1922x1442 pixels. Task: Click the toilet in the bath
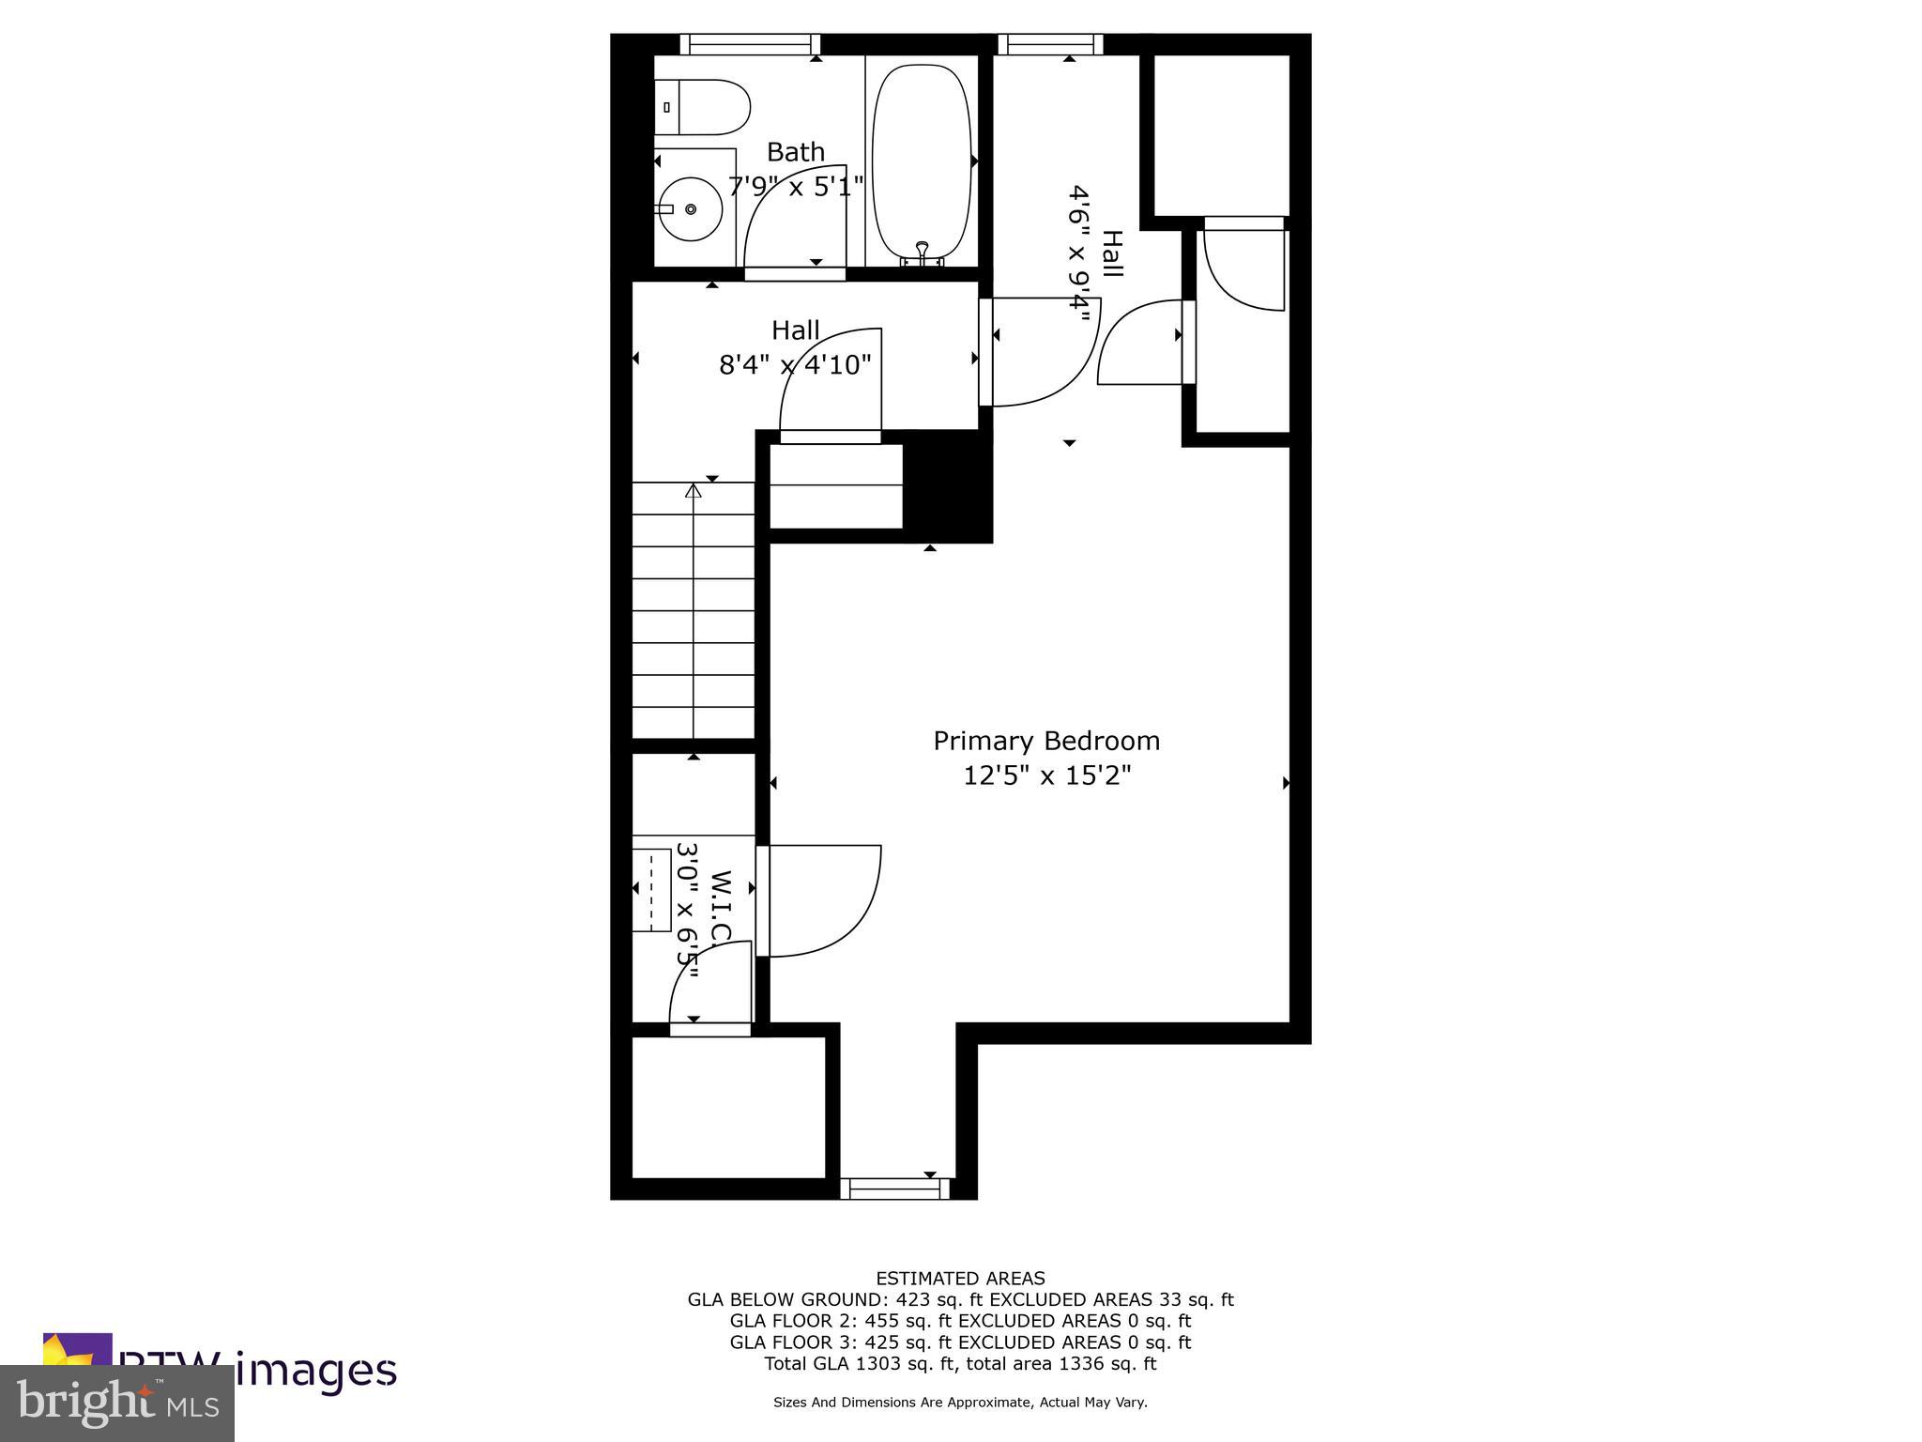tap(703, 107)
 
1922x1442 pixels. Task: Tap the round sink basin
tap(690, 208)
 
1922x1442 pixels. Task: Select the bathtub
tap(921, 160)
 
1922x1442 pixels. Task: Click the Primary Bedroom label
tap(1046, 741)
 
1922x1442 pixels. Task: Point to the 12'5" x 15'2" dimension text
tap(1046, 776)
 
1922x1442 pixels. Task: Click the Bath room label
tap(796, 152)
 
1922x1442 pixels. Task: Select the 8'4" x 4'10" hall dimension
tap(795, 364)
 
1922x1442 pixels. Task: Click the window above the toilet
tap(750, 43)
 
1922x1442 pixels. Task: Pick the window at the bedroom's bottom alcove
tap(894, 1189)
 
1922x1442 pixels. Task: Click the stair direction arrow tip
tap(694, 489)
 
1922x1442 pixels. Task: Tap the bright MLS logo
tap(117, 1402)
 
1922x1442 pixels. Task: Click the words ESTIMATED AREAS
tap(960, 1278)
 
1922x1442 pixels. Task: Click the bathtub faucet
tap(922, 250)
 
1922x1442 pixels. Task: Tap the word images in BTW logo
tap(315, 1370)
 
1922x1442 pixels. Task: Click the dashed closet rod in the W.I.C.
tap(653, 889)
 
